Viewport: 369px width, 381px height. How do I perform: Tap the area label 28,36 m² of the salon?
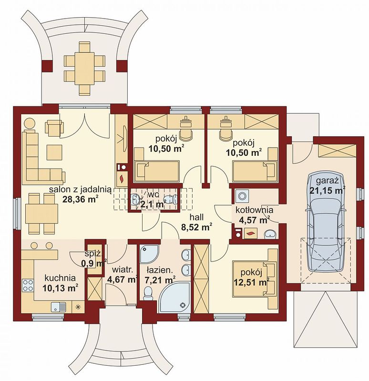pyautogui.click(x=81, y=199)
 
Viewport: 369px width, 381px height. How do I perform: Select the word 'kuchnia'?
pyautogui.click(x=60, y=278)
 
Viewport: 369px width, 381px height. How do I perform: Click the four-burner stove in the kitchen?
pyautogui.click(x=28, y=285)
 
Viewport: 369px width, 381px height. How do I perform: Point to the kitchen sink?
pyautogui.click(x=59, y=307)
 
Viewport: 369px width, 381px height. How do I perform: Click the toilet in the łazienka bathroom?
pyautogui.click(x=147, y=293)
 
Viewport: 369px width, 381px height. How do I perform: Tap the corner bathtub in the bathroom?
pyautogui.click(x=175, y=297)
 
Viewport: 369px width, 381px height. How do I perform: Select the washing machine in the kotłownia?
pyautogui.click(x=242, y=196)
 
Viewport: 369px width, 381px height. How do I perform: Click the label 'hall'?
pyautogui.click(x=196, y=217)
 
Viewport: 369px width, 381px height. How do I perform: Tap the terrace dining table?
pyautogui.click(x=85, y=68)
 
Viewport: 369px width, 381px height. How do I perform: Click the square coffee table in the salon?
pyautogui.click(x=54, y=152)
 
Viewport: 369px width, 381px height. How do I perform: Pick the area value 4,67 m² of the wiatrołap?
pyautogui.click(x=122, y=279)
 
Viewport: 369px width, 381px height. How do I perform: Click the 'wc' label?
pyautogui.click(x=153, y=194)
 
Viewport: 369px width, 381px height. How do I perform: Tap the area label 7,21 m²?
pyautogui.click(x=160, y=280)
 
